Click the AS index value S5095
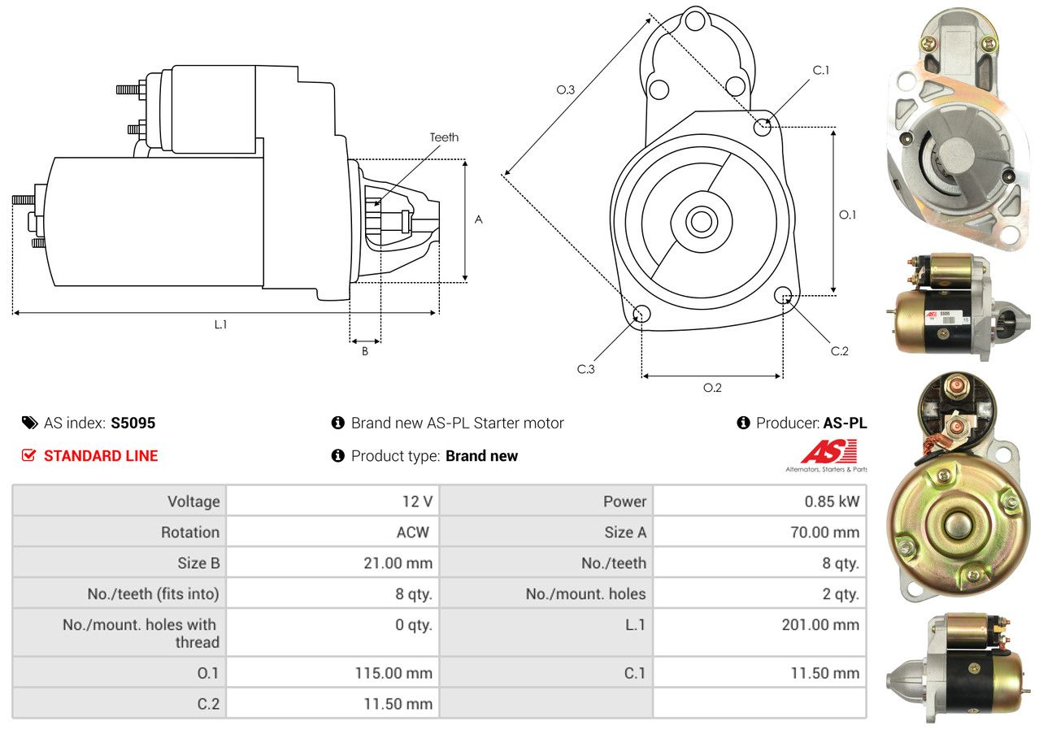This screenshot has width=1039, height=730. coord(133,423)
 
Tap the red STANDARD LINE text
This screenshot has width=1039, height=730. coord(101,456)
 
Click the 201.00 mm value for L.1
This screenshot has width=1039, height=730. coord(820,624)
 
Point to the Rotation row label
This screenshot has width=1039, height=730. coord(190,532)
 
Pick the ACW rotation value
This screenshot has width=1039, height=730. coord(413,532)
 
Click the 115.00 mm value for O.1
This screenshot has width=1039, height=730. coord(393,673)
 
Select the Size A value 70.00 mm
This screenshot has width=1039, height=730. coord(824,532)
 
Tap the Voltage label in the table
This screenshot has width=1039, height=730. coord(193,502)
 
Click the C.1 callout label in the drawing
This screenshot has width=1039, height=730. coord(820,71)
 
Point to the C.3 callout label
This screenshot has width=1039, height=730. coord(585,369)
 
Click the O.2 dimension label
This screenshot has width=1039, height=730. coord(712,388)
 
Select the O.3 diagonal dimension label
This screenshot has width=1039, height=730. coord(565,89)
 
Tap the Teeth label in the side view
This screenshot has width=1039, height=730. coord(444,137)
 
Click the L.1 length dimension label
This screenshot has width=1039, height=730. coord(221,324)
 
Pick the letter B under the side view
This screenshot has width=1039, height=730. coord(365,351)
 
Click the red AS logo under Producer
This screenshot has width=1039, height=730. coord(829,452)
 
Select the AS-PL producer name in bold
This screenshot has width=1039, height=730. coord(845,423)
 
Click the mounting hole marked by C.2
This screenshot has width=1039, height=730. coord(783,295)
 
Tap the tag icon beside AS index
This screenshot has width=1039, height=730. coord(30,423)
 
